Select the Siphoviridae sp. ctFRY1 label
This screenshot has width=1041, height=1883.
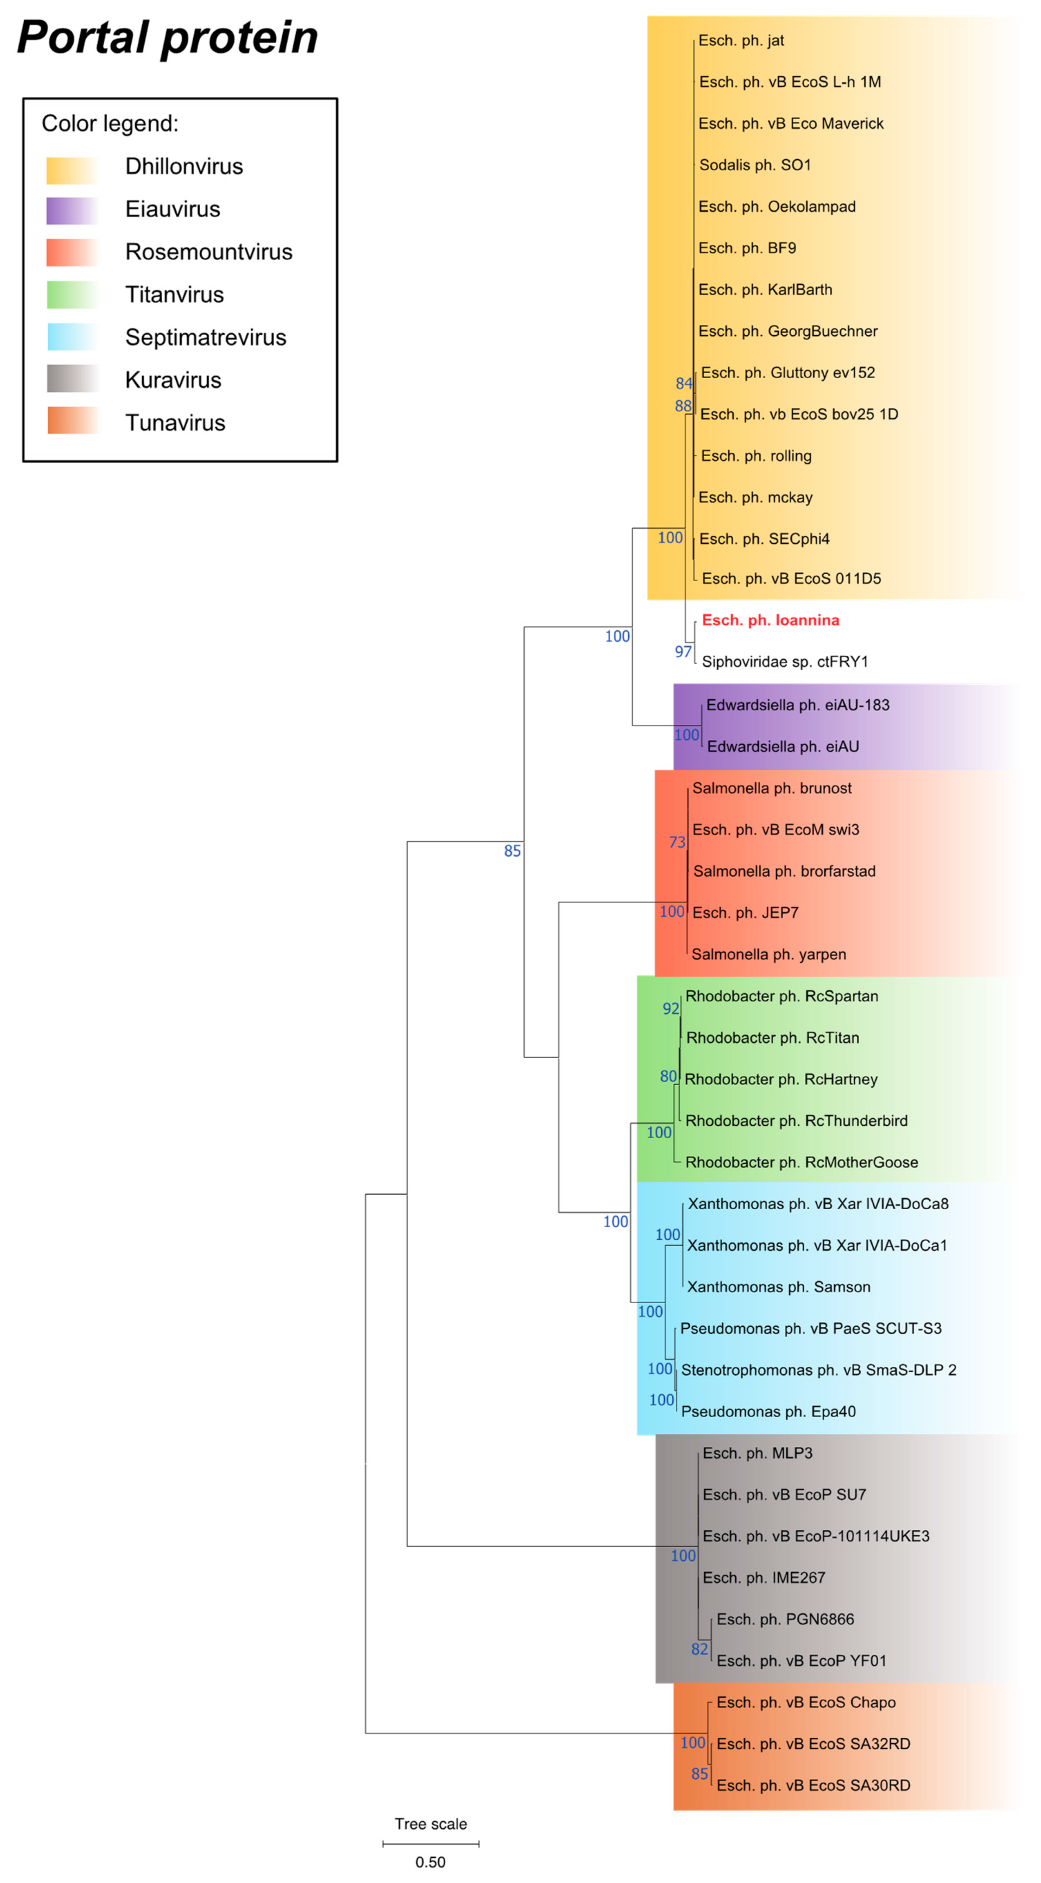pos(784,661)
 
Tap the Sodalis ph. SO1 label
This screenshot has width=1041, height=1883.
pos(754,165)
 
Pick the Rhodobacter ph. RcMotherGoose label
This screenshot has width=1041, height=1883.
pos(801,1162)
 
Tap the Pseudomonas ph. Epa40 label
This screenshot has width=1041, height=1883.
pos(768,1411)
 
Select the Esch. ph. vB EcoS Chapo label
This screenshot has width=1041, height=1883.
pos(805,1702)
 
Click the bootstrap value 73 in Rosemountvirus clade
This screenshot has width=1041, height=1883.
pos(677,842)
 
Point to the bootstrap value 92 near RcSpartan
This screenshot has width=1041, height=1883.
pos(670,1009)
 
